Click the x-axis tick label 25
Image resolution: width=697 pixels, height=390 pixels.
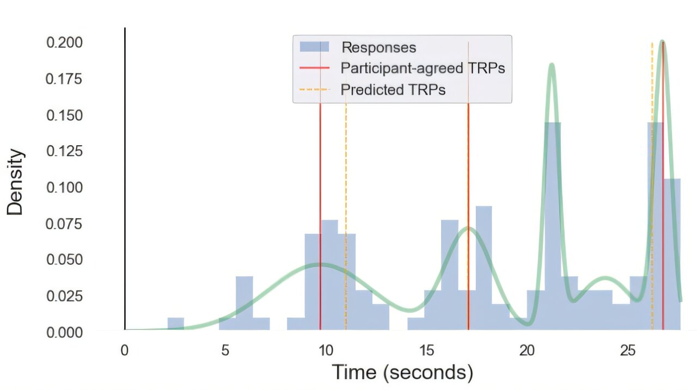[x=628, y=350]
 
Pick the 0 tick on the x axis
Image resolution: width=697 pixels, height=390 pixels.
[x=125, y=350]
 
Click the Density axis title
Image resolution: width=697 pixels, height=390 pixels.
[x=16, y=182]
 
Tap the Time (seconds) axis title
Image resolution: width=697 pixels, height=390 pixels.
[x=402, y=373]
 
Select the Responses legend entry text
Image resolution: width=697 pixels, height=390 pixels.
[x=378, y=47]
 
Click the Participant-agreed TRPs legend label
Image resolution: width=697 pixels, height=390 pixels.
[x=423, y=69]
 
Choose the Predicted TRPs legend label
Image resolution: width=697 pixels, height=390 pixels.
[x=393, y=90]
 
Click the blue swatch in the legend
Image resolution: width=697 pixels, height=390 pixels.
[x=315, y=47]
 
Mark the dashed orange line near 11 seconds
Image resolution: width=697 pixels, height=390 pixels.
[x=346, y=218]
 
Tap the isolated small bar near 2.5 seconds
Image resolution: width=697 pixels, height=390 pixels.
[x=175, y=324]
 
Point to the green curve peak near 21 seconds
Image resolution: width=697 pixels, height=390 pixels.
[x=552, y=65]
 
